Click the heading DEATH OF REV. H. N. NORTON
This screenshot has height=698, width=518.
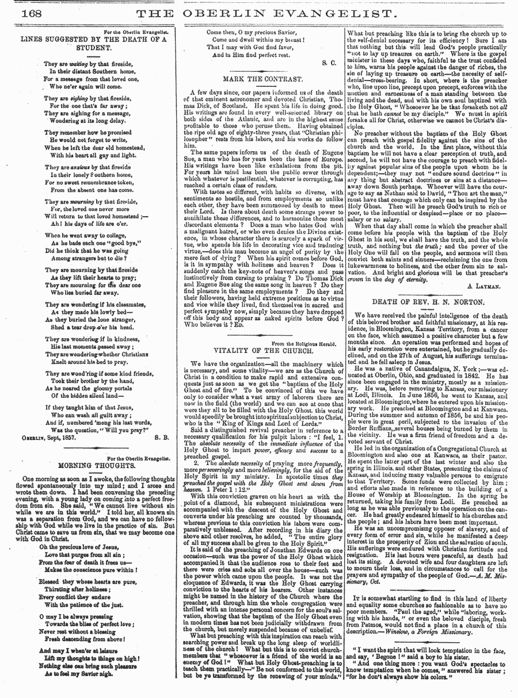coord(429,301)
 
